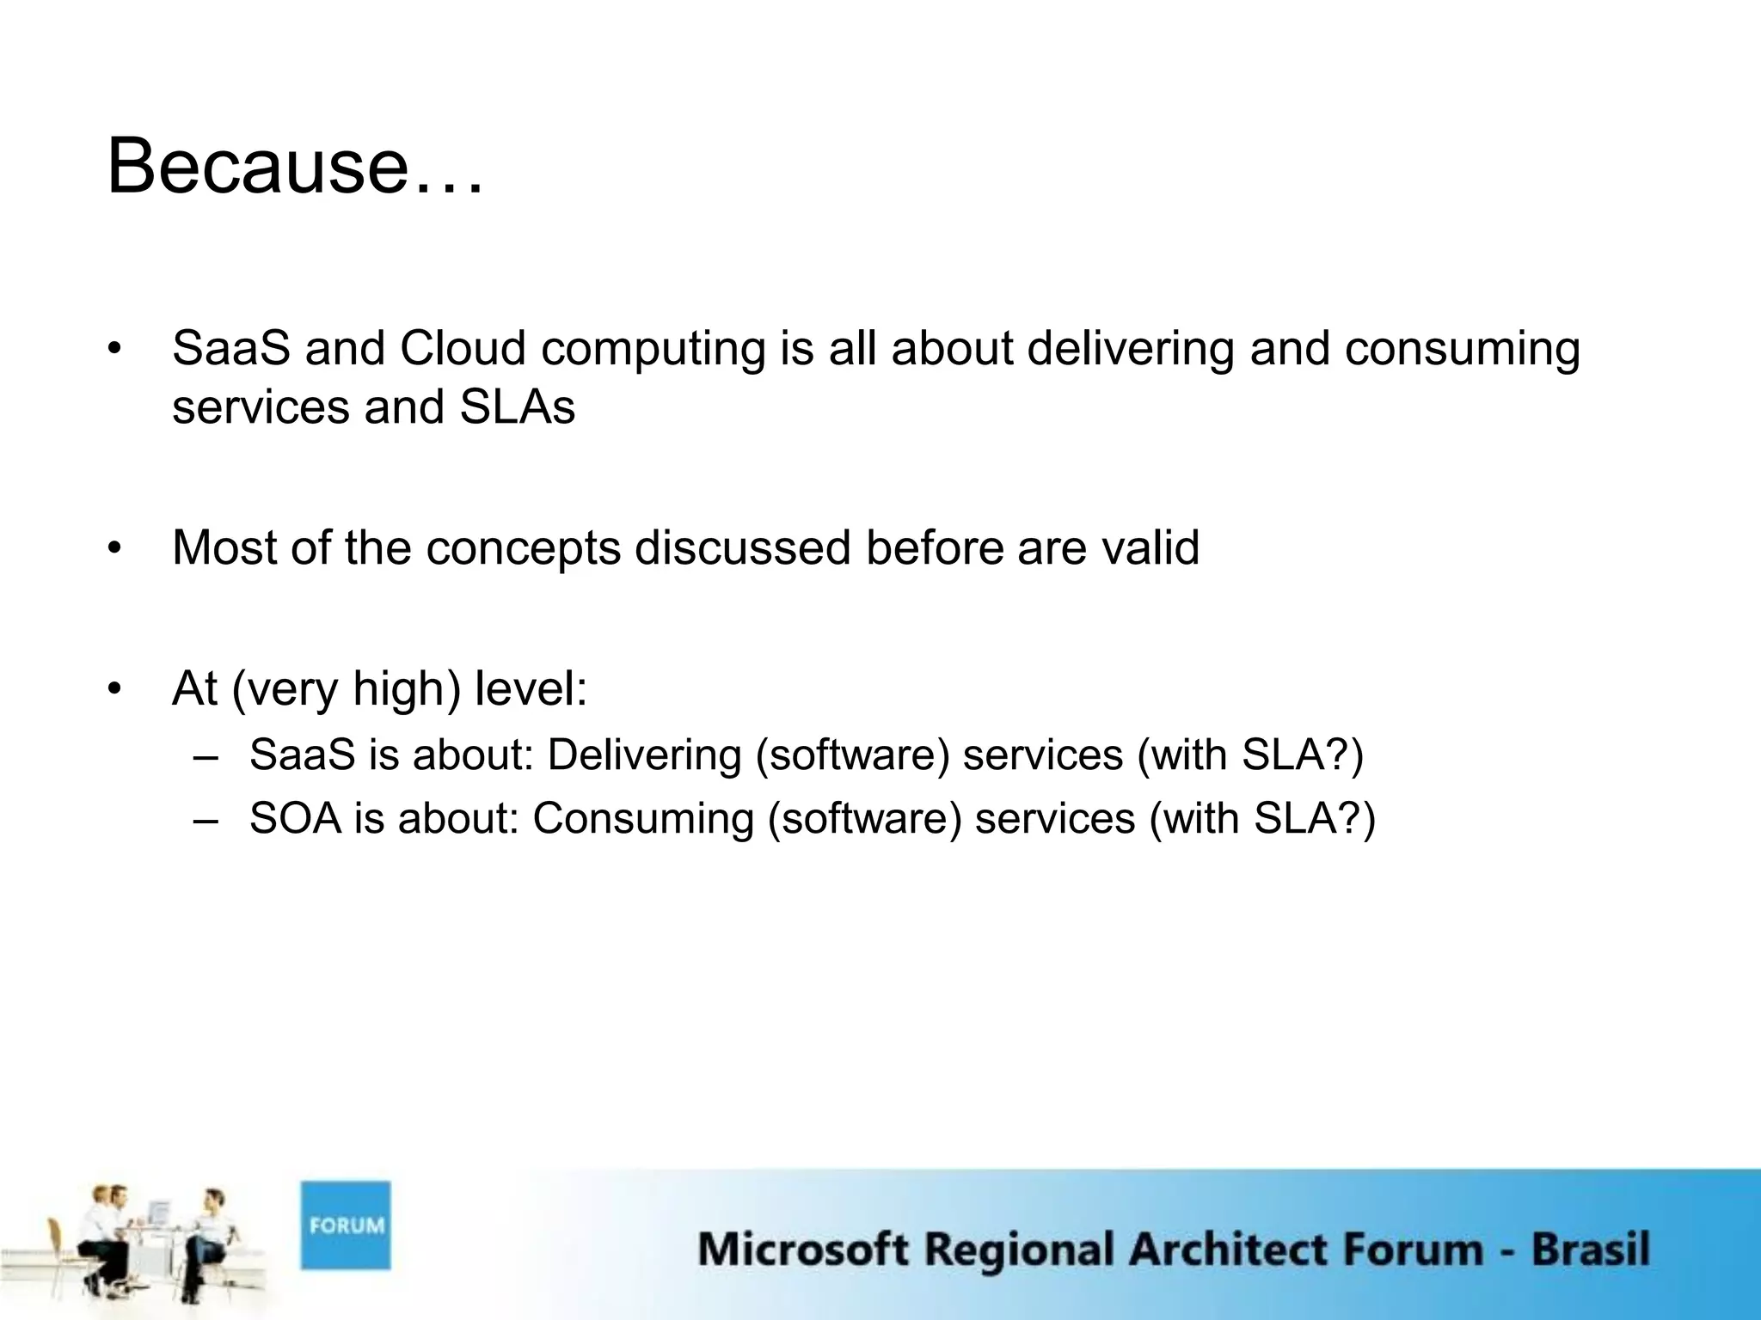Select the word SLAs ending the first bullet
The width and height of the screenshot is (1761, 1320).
click(x=517, y=407)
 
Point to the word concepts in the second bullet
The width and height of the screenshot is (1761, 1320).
click(x=523, y=549)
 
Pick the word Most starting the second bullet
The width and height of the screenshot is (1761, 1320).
click(x=224, y=547)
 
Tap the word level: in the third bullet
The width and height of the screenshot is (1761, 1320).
click(x=531, y=688)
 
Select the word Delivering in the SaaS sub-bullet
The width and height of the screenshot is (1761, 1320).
click(x=644, y=755)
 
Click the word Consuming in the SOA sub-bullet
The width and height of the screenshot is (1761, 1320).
click(x=643, y=818)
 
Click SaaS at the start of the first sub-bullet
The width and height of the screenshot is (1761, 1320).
click(x=302, y=755)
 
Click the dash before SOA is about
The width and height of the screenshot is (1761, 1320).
click(x=206, y=818)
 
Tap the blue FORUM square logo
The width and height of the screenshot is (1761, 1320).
click(x=346, y=1225)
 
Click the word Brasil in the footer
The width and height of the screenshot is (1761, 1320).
click(x=1590, y=1249)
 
